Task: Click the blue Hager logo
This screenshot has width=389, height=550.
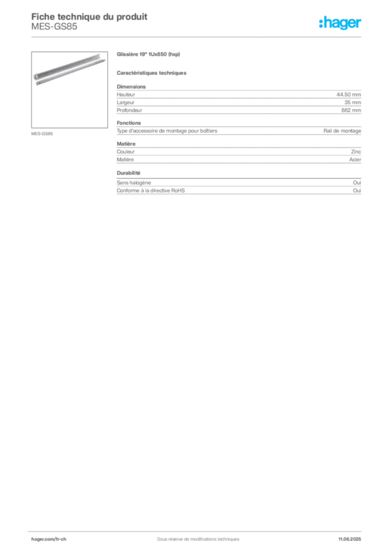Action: pos(341,23)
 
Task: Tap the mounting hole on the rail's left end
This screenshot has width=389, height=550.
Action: pos(35,82)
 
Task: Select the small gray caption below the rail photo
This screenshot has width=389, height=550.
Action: pos(42,133)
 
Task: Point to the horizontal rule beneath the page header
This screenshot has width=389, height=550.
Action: pos(197,37)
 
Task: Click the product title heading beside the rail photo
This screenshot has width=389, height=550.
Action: pos(148,55)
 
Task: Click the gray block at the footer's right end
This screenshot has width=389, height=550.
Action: pos(352,535)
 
